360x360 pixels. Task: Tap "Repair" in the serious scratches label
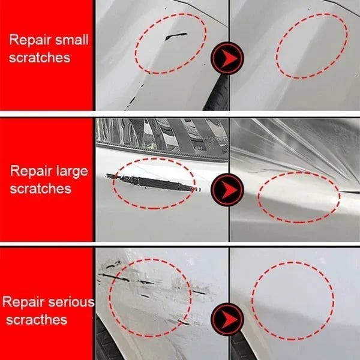coord(24,302)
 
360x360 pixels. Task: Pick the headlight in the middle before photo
coord(156,135)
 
